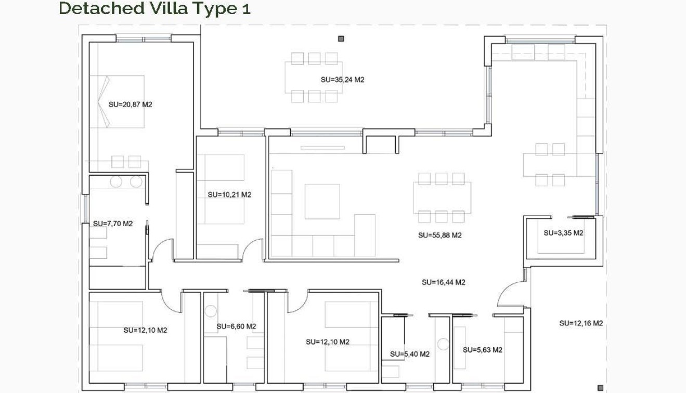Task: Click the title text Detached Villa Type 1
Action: (x=154, y=8)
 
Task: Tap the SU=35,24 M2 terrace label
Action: (x=342, y=80)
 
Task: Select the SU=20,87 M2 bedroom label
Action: (x=130, y=104)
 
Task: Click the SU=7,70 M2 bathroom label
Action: (x=113, y=224)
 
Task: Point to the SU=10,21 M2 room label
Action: (x=229, y=195)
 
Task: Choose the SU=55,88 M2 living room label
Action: (x=439, y=235)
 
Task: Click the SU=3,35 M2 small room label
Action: (x=563, y=233)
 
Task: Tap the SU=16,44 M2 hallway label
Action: (x=443, y=282)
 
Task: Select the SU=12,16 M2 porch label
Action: (x=581, y=323)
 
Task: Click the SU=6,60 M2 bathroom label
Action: (x=236, y=326)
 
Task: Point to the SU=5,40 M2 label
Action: (x=410, y=354)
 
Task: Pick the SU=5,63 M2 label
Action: (x=483, y=350)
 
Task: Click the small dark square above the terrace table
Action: (x=341, y=38)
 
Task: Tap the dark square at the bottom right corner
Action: (x=600, y=387)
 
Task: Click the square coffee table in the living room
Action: (x=322, y=201)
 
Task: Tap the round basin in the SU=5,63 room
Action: (x=443, y=344)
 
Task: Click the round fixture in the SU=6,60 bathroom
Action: (x=211, y=311)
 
